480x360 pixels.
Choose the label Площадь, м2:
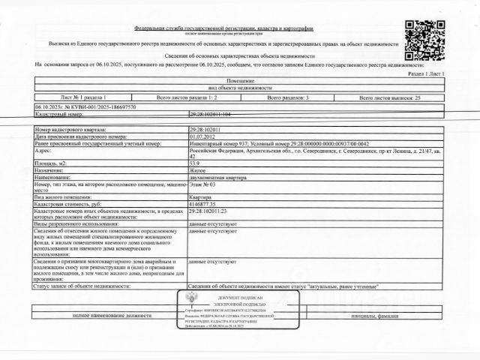[x=54, y=162]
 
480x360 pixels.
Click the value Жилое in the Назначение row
[x=198, y=169]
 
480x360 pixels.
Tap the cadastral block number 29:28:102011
[x=205, y=130]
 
